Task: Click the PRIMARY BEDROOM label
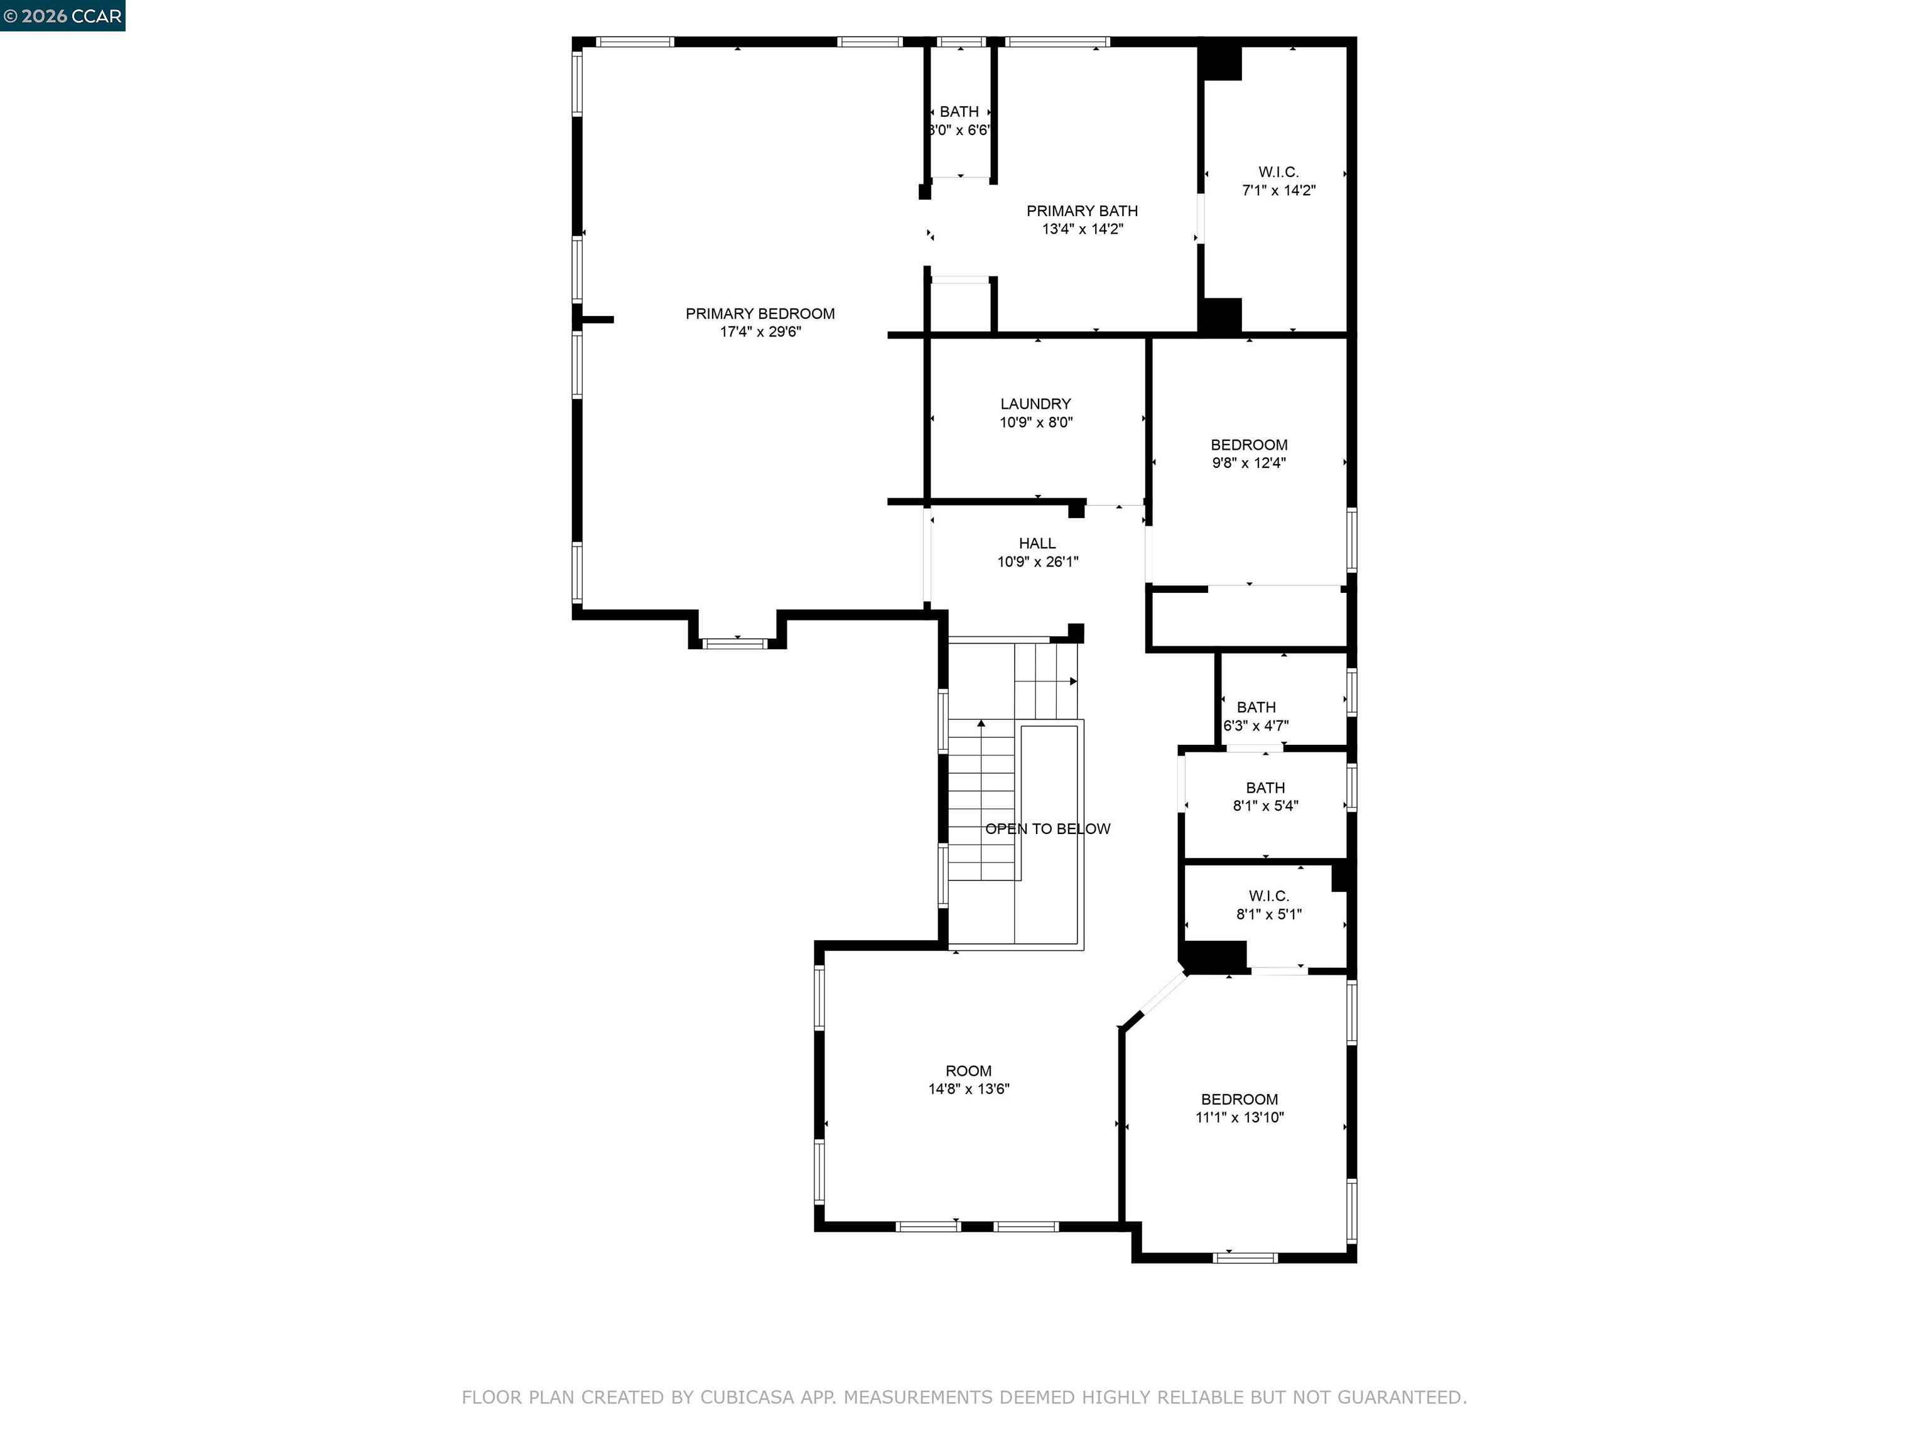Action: click(x=760, y=313)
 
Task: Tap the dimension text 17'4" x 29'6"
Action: click(x=760, y=332)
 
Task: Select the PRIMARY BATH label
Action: click(x=1081, y=211)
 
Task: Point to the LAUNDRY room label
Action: click(x=1035, y=404)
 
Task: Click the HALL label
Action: click(x=1037, y=543)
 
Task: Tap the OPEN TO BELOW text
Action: click(x=1047, y=828)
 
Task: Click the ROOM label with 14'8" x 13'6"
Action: click(x=968, y=1071)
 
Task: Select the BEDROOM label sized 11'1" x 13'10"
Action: click(x=1239, y=1100)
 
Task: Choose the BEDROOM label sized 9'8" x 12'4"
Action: click(x=1249, y=445)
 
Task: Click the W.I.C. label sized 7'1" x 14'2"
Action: click(x=1278, y=172)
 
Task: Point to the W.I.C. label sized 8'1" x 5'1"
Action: click(x=1268, y=896)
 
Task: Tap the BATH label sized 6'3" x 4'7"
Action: click(x=1256, y=707)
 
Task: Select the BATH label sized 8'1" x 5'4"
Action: click(x=1265, y=788)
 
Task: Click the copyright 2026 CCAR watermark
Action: click(x=63, y=16)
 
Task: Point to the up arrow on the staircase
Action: click(x=981, y=723)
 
